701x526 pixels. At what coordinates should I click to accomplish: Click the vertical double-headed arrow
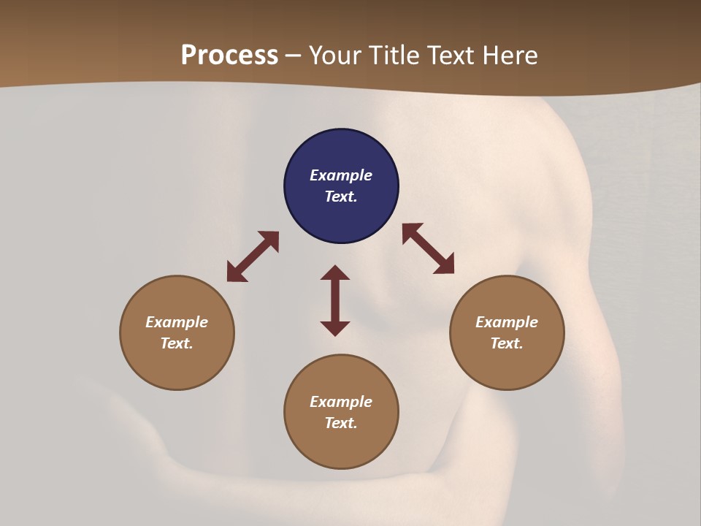pos(335,300)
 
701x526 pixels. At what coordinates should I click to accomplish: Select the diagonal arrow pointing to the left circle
pos(253,256)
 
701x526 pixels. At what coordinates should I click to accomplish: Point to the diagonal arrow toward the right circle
pos(428,248)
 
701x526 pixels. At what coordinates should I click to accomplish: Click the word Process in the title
pos(229,56)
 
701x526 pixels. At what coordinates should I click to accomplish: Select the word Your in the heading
pos(334,56)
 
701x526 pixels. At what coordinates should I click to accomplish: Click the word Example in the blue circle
pos(341,175)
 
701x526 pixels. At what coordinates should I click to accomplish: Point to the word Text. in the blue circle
pos(341,197)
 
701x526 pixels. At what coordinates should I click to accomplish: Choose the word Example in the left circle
pos(177,322)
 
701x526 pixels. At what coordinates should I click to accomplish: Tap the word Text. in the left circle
pos(177,343)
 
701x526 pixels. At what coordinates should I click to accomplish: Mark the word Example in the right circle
pos(507,322)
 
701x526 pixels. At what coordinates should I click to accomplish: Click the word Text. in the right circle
pos(507,343)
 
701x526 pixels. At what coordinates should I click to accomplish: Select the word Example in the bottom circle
pos(341,402)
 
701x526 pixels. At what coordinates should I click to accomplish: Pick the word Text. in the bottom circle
pos(341,423)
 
